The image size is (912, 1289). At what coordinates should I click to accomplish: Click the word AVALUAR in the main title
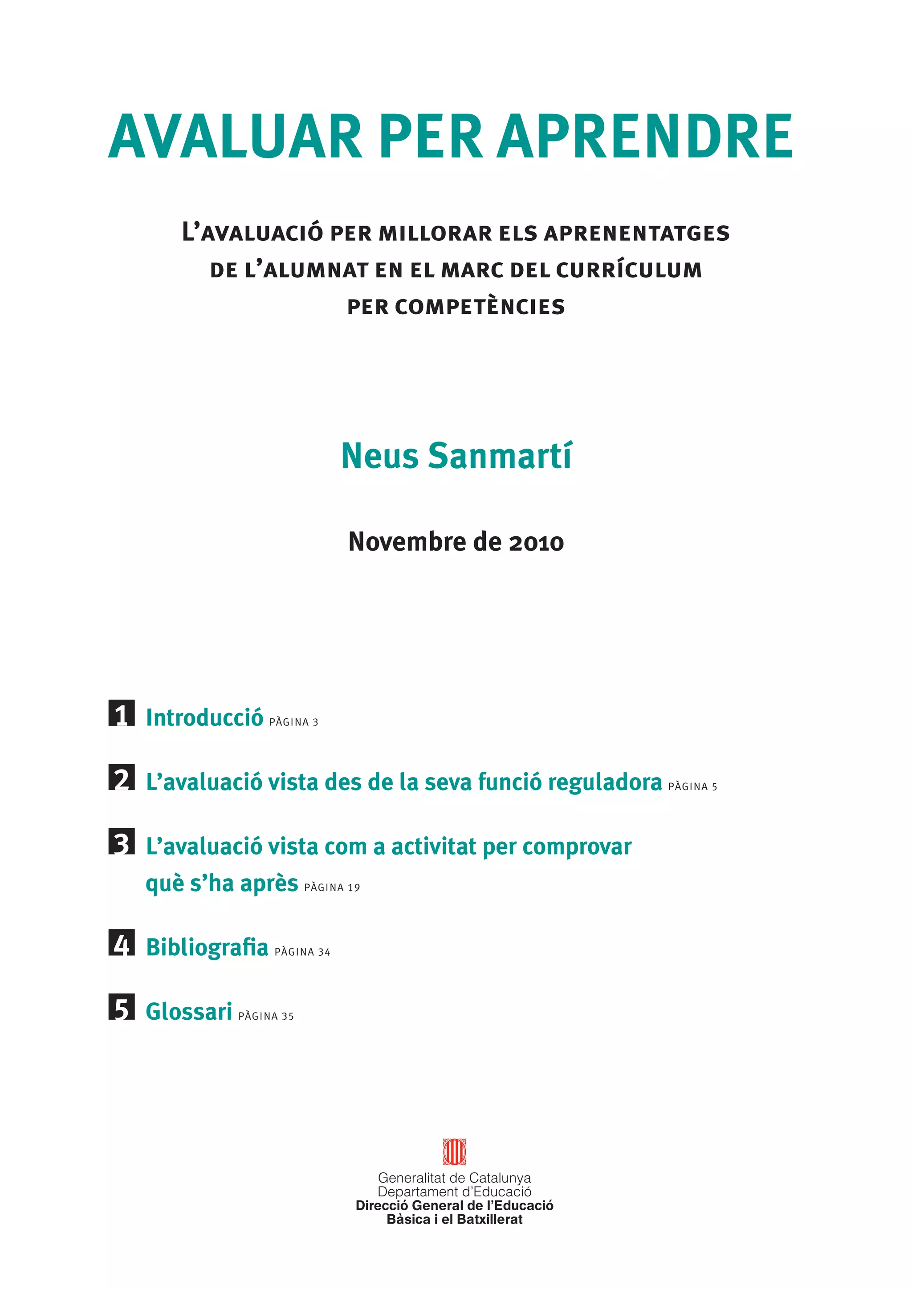(x=235, y=137)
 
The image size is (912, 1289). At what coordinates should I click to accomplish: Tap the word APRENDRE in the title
(x=645, y=137)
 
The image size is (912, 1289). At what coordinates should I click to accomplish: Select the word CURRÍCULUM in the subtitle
(x=629, y=270)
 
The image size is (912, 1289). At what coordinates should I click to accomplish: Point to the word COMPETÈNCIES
(x=480, y=307)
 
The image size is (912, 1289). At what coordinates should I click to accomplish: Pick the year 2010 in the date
(x=536, y=542)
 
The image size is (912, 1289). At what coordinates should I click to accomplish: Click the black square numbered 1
(x=121, y=713)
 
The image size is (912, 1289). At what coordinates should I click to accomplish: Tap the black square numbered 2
(x=121, y=778)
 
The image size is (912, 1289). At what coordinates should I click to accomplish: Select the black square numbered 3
(x=121, y=842)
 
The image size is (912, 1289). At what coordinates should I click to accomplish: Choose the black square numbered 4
(x=121, y=943)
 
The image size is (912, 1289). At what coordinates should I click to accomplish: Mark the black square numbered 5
(x=121, y=1007)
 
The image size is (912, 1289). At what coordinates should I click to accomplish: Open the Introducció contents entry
(x=204, y=717)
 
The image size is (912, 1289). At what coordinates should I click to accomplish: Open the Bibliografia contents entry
(x=207, y=947)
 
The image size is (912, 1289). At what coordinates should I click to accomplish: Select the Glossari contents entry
(x=189, y=1012)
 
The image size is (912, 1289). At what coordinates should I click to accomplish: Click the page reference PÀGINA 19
(x=332, y=888)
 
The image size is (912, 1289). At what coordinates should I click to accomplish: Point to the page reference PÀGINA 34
(x=302, y=952)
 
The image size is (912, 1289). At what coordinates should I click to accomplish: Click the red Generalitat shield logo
(x=454, y=1152)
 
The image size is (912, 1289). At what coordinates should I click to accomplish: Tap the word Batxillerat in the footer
(x=490, y=1220)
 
